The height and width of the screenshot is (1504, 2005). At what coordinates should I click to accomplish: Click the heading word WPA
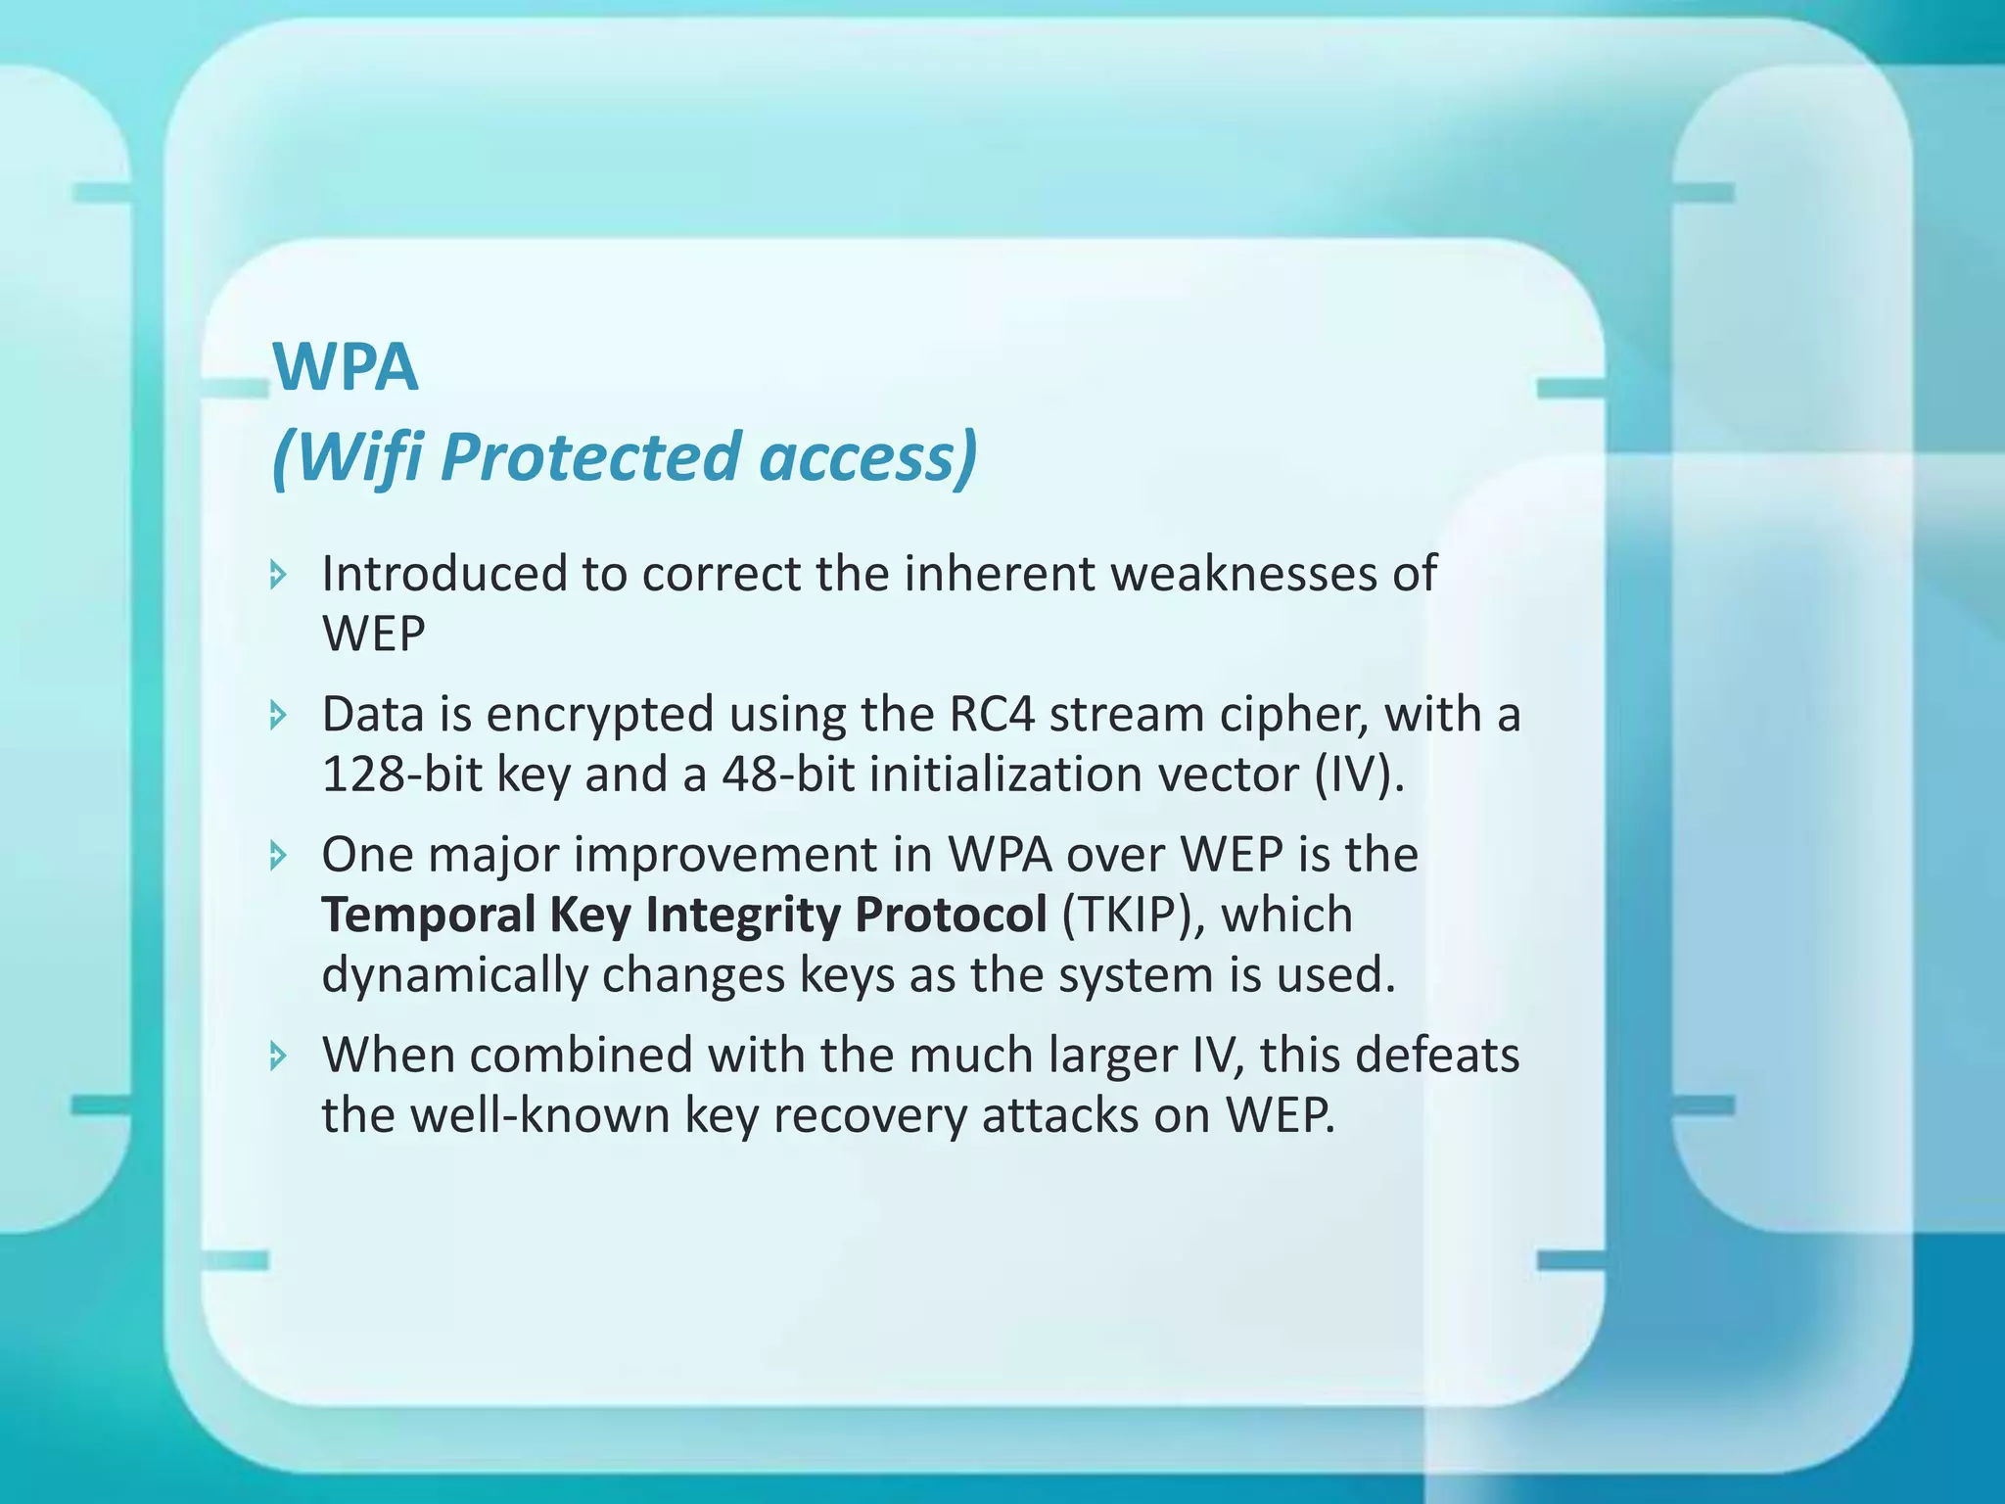tap(346, 367)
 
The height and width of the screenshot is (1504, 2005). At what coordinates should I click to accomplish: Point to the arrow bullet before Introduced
tap(279, 574)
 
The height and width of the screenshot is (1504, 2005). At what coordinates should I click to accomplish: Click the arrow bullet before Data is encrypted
tap(279, 715)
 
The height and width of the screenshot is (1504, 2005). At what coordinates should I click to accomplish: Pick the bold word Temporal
tap(429, 916)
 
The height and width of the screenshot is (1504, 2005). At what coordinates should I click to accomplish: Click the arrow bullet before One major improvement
tap(279, 856)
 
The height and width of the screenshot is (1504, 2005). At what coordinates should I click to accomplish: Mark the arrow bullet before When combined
tap(279, 1056)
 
